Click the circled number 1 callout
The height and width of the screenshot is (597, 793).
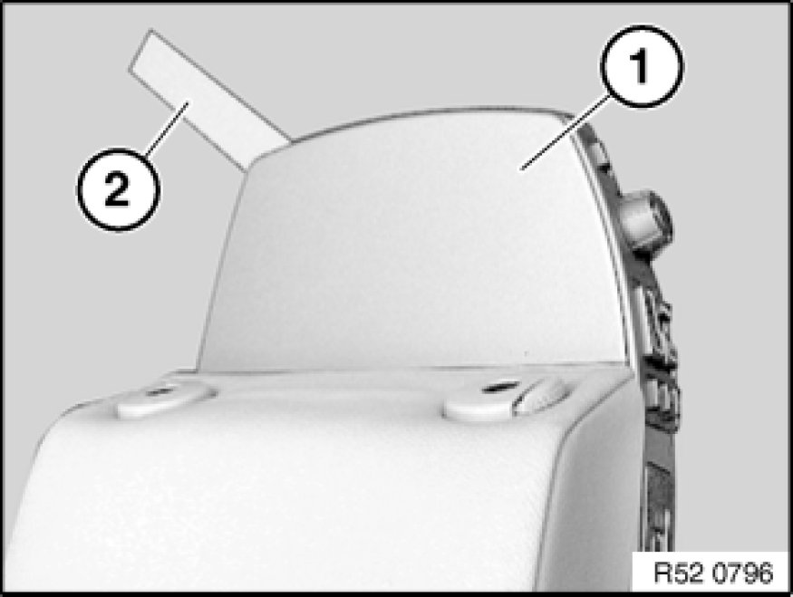coord(642,66)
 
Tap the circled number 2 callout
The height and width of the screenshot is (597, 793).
coord(118,189)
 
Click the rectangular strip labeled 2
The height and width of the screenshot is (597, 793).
coord(210,100)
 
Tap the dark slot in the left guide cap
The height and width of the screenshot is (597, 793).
coord(160,390)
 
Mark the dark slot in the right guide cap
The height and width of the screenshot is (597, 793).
coord(499,388)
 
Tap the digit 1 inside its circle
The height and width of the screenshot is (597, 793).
coord(640,67)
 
